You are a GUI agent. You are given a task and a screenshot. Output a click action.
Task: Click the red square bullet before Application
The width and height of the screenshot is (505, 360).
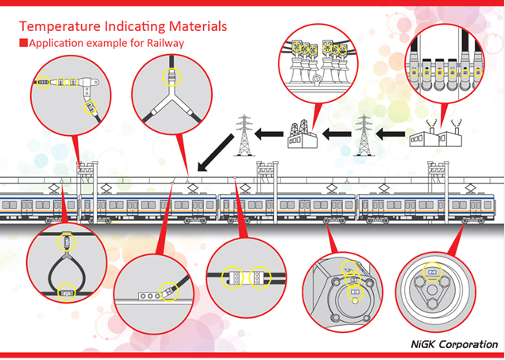pos(23,42)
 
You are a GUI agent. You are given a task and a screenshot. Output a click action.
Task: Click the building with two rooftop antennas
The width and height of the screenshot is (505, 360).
pos(434,133)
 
